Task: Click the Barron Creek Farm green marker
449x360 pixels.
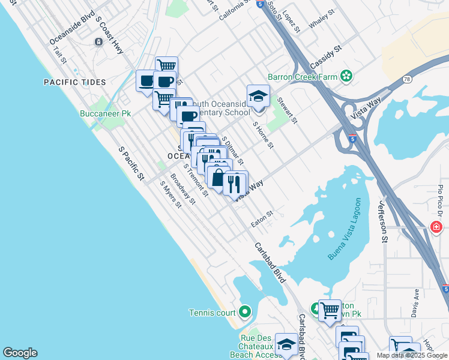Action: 346,76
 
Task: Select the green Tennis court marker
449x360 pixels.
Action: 244,312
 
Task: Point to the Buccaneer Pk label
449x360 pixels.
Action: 105,113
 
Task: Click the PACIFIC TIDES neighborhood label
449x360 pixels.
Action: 74,82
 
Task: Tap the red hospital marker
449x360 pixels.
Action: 437,227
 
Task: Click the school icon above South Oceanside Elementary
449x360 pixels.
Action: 258,95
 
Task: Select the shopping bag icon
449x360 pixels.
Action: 217,177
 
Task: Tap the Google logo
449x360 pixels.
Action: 20,353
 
